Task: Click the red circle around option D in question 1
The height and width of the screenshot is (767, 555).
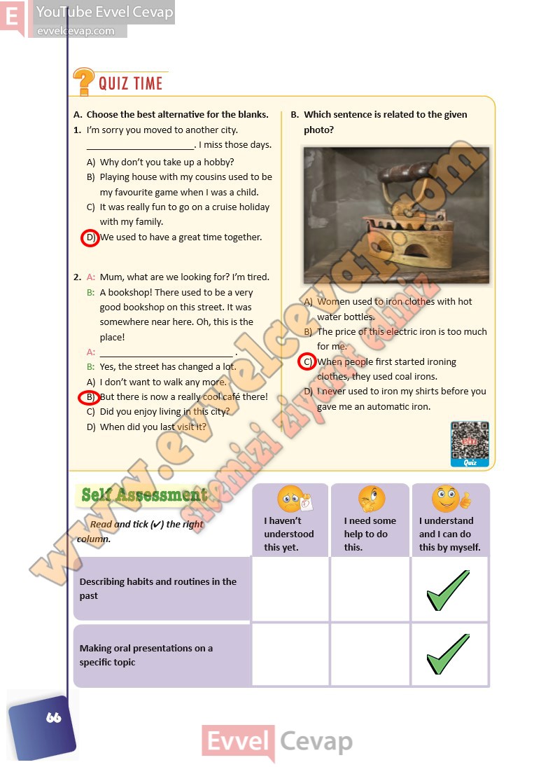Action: click(90, 238)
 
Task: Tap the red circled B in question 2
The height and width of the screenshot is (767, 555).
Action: click(89, 398)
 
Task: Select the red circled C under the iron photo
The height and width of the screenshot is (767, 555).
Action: click(307, 362)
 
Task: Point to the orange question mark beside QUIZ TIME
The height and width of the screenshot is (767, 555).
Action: click(83, 82)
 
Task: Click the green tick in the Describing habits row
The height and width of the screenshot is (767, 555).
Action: click(448, 590)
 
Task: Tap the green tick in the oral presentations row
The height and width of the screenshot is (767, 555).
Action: click(448, 654)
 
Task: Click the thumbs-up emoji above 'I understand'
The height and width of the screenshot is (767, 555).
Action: click(447, 499)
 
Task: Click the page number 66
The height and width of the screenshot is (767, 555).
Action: click(52, 718)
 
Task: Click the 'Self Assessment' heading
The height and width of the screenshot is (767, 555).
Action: click(145, 495)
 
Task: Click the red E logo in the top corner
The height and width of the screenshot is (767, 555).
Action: click(12, 15)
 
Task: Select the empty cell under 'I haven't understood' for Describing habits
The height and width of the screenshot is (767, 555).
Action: click(290, 588)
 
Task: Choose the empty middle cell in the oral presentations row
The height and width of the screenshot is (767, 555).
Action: click(370, 655)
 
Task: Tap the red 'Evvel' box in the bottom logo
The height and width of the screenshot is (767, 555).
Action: click(238, 742)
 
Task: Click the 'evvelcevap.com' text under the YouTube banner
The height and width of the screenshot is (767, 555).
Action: click(76, 31)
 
